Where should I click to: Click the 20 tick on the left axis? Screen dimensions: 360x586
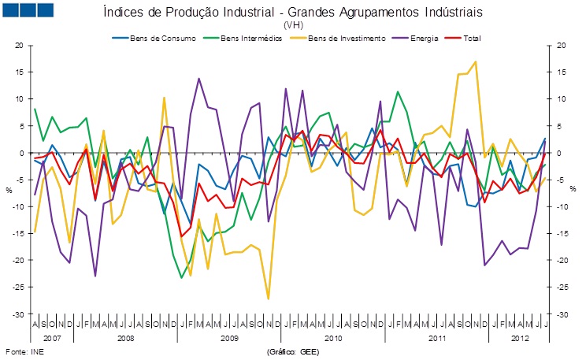click(20, 46)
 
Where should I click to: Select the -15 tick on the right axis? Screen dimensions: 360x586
click(561, 233)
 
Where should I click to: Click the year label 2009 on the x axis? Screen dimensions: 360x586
click(228, 337)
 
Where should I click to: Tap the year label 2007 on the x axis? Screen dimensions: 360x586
click(52, 337)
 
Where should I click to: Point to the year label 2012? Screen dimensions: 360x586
click(514, 337)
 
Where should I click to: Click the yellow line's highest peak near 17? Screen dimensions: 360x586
click(475, 61)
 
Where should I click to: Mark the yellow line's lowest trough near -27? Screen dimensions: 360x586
click(268, 299)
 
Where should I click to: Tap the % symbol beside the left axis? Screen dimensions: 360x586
click(10, 190)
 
